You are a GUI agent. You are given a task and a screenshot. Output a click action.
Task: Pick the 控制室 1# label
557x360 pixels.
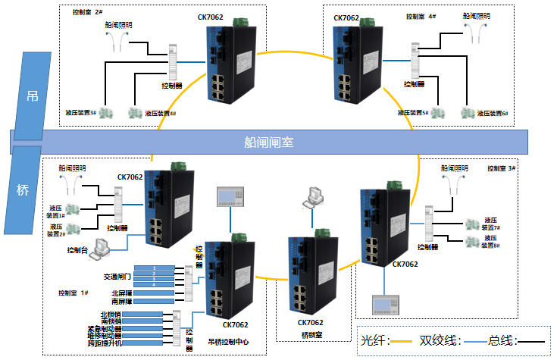74,293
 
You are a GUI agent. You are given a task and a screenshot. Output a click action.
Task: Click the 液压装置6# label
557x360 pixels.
494,114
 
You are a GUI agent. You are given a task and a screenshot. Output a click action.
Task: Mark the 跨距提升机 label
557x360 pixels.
105,343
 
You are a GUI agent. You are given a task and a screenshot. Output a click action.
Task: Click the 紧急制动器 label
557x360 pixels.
104,328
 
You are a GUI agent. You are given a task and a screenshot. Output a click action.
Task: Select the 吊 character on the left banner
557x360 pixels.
33,96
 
